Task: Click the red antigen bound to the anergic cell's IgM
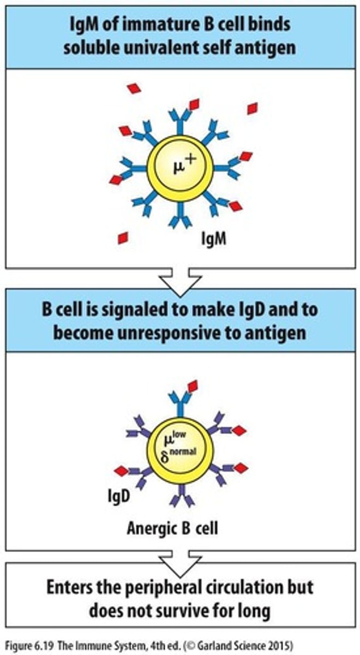(192, 386)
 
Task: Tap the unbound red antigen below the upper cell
(123, 238)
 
